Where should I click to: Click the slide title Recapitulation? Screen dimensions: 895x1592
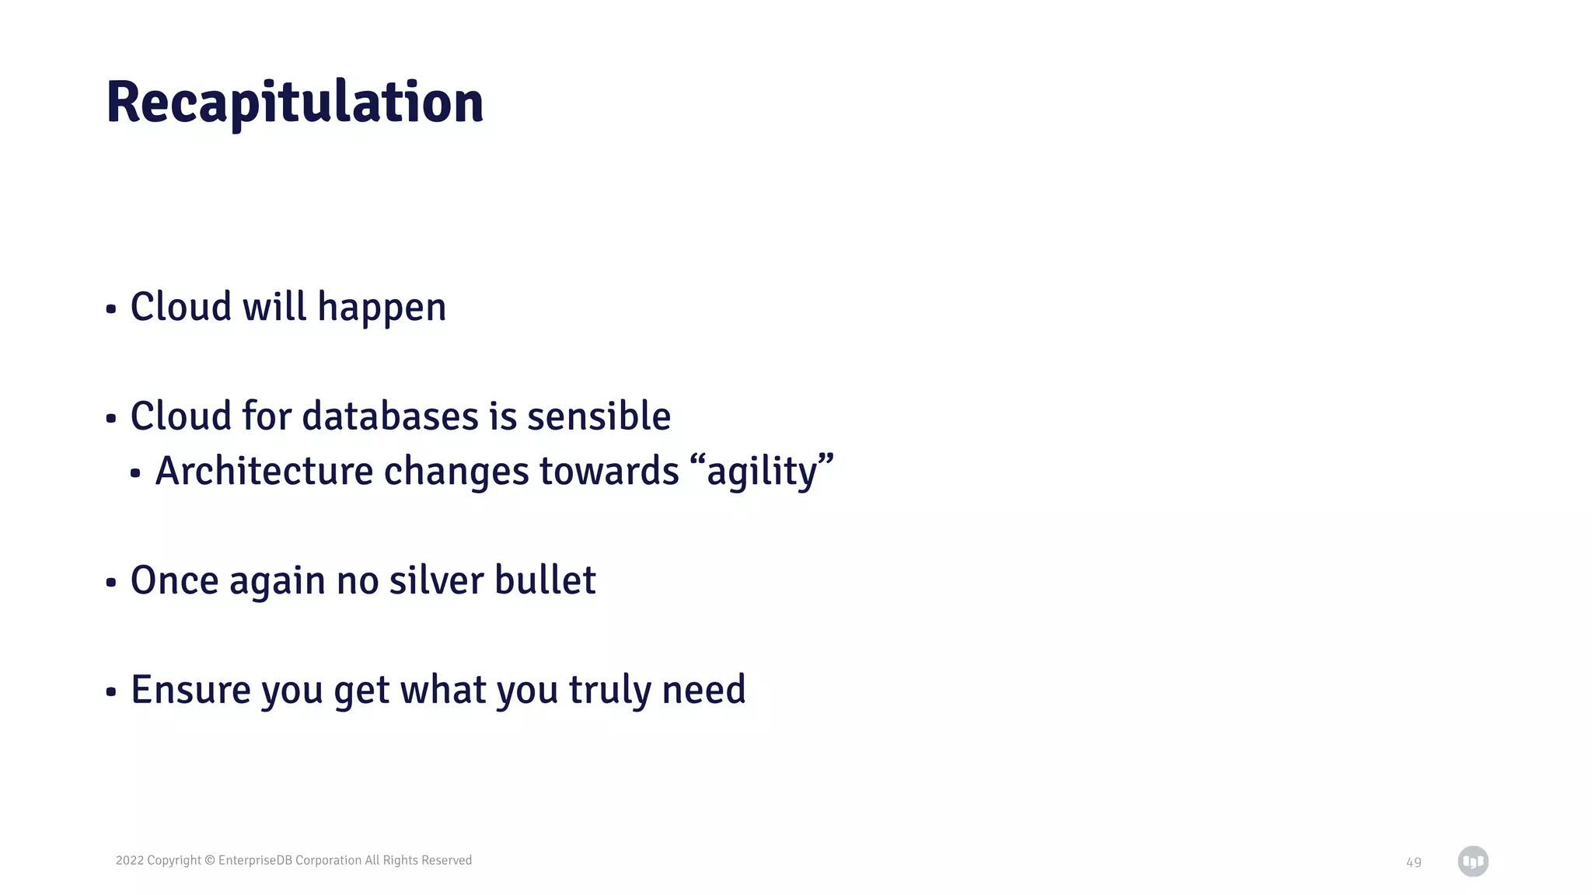[x=295, y=102]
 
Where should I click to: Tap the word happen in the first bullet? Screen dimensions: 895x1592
[x=382, y=308]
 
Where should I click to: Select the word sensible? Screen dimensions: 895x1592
[x=599, y=416]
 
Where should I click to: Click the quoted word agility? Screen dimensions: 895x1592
[x=762, y=472]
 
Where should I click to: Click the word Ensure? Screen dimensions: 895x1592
[x=190, y=690]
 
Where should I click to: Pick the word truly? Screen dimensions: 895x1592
[x=609, y=690]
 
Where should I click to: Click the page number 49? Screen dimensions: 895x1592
[x=1413, y=862]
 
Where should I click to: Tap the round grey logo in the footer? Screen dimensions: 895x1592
[x=1472, y=861]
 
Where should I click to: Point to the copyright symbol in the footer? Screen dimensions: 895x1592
[x=209, y=860]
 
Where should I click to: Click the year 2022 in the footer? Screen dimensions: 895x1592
[x=129, y=860]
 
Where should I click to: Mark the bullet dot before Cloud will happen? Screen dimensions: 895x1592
[x=111, y=309]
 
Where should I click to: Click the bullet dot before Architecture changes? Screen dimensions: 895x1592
[x=135, y=473]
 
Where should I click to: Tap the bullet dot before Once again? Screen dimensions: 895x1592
[x=111, y=583]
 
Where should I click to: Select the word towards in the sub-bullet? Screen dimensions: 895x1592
[x=609, y=472]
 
